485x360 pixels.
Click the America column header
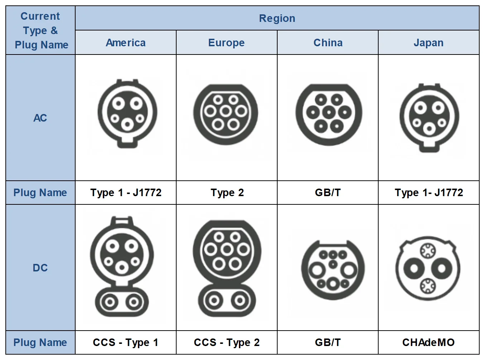coord(125,42)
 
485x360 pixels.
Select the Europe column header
coord(226,42)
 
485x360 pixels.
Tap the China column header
coord(328,42)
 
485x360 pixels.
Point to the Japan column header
coord(428,43)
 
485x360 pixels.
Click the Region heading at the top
coord(277,18)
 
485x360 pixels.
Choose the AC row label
coord(40,118)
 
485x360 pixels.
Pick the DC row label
coord(40,267)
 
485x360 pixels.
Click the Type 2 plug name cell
coord(227,193)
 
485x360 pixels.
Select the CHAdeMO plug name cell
coord(428,342)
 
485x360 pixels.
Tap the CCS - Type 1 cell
coord(125,342)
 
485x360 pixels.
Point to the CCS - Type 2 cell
coord(226,342)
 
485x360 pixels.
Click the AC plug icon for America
coord(127,113)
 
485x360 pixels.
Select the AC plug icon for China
coord(329,115)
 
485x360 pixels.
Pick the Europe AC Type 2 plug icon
coord(226,114)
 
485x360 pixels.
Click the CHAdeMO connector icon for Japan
coord(428,269)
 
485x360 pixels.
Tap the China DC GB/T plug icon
coord(333,270)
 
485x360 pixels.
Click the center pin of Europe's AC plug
coord(226,112)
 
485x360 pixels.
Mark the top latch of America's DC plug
coord(122,221)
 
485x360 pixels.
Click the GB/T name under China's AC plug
coord(328,193)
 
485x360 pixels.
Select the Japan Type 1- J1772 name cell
coord(429,193)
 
